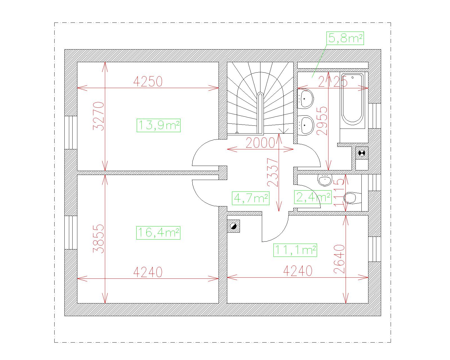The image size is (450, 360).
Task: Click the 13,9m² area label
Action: pos(159,125)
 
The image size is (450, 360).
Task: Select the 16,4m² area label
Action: pos(159,233)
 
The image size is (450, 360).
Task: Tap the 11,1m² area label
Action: pos(295,250)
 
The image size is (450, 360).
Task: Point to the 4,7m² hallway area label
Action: pos(251,198)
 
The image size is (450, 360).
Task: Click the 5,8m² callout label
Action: pos(345,38)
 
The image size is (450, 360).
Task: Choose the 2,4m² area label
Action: pos(313,197)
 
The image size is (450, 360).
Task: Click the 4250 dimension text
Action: pos(148,81)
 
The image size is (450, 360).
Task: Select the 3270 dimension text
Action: pos(98,116)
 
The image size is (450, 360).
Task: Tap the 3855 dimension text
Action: pos(98,239)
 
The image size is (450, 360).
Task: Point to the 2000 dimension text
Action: pos(260,143)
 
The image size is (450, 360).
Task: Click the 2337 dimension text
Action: pos(273,172)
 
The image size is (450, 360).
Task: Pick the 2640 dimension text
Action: pos(339,259)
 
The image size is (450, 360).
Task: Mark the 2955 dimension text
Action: pos(322,121)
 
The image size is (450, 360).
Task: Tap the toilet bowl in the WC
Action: pos(353,198)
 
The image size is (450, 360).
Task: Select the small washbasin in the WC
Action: pos(325,180)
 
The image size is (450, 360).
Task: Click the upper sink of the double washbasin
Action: pos(305,98)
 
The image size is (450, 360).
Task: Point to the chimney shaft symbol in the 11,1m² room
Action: pos(233,226)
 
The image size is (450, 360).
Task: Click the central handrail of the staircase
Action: pos(260,113)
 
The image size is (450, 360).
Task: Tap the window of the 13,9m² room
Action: pos(71,133)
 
